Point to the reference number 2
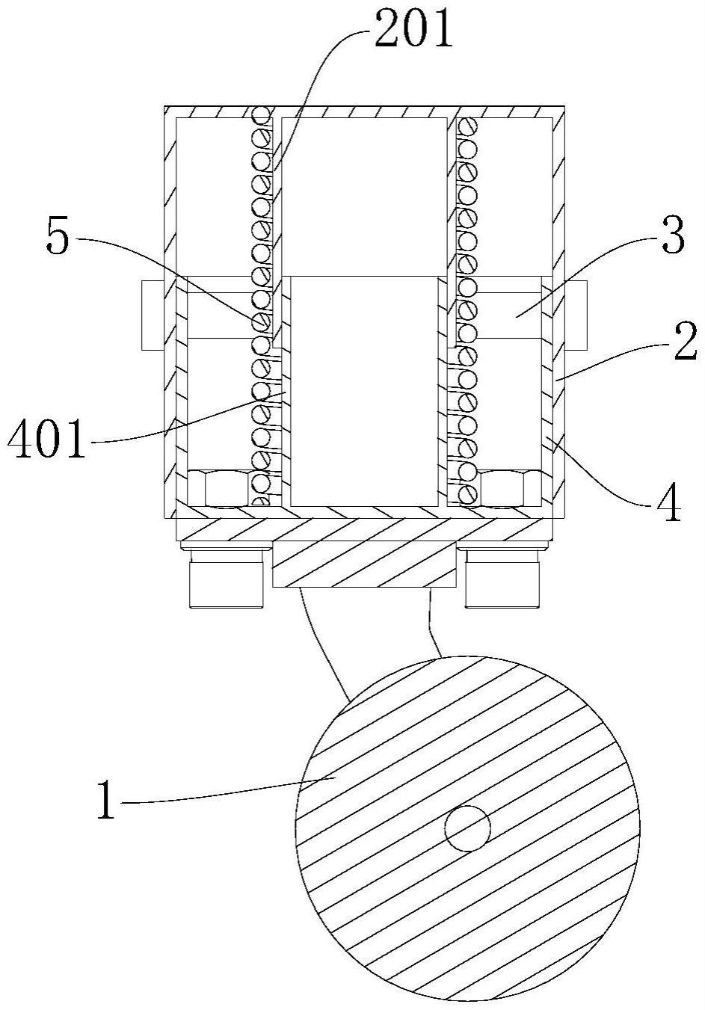pyautogui.click(x=686, y=342)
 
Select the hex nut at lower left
pyautogui.click(x=218, y=488)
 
